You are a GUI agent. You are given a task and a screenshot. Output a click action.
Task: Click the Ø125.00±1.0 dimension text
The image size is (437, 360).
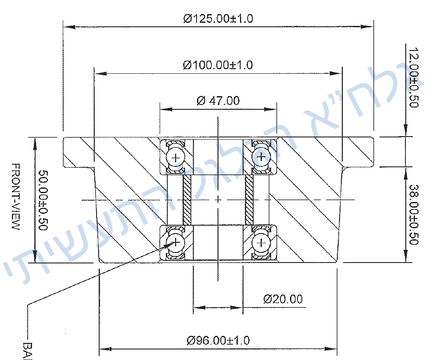click(218, 18)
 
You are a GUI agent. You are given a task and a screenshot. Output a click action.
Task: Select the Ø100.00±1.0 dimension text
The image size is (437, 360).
click(218, 65)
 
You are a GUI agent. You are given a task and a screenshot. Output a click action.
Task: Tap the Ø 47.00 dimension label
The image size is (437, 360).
click(218, 101)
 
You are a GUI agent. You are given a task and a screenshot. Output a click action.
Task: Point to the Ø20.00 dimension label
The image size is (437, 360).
click(283, 299)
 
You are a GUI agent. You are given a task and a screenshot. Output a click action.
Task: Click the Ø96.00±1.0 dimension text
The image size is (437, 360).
click(218, 340)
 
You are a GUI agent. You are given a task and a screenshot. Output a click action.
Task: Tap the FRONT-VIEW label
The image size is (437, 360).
click(15, 197)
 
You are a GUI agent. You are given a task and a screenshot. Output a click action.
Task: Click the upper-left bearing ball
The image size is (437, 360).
click(176, 157)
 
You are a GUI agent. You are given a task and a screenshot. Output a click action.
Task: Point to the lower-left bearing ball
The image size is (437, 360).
click(176, 242)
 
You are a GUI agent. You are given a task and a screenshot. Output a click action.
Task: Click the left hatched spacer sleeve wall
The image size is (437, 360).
click(187, 200)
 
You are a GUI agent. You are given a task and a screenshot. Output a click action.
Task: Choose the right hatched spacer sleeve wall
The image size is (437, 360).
click(249, 200)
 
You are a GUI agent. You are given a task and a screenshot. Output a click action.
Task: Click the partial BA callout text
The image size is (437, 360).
click(28, 349)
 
